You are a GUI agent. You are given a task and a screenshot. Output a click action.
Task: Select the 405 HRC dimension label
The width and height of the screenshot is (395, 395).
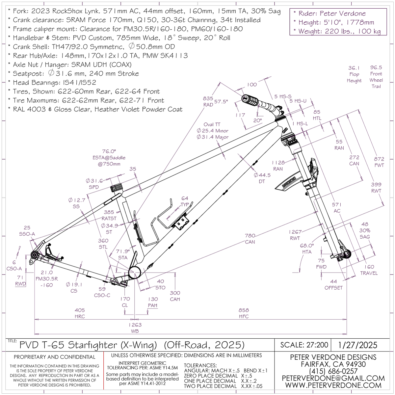coord(80,313)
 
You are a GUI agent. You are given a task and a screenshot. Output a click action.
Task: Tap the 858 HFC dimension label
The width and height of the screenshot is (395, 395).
coord(244,313)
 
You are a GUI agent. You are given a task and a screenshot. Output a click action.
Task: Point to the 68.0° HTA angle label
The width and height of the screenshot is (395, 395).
coord(307,249)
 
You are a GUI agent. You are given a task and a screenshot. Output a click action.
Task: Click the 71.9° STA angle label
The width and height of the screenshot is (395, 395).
coord(123,254)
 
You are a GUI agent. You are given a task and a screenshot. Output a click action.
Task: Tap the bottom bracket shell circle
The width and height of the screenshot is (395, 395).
coord(135,273)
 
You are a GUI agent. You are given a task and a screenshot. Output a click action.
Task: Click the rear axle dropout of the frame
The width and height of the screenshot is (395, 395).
coord(34,255)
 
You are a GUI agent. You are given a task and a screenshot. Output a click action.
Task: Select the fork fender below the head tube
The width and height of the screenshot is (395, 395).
coord(290,181)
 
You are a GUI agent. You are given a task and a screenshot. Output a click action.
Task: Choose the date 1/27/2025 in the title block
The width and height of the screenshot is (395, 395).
coord(358,345)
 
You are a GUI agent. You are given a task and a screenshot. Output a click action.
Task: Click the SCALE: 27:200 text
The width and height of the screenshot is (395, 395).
coord(304,345)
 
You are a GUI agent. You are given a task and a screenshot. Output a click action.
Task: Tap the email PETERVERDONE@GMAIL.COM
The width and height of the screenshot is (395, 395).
coord(333,378)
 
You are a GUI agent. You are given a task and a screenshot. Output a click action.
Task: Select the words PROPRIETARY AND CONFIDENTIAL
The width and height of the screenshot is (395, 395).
coord(55,357)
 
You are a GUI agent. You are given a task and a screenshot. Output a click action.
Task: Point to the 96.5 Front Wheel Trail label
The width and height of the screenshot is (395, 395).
coord(376,77)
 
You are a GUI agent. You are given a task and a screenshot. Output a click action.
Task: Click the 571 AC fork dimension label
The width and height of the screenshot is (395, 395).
coord(336,208)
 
